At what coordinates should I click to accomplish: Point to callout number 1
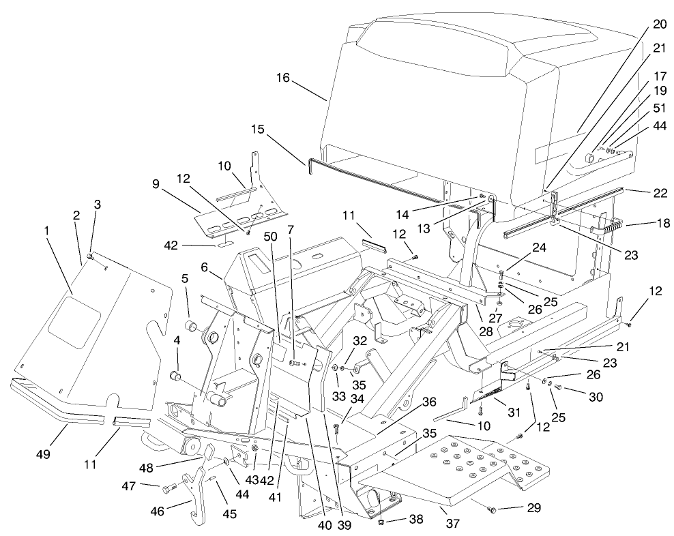(46, 231)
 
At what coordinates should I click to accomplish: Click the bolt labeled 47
(170, 488)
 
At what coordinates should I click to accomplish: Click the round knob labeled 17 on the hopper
(589, 158)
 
